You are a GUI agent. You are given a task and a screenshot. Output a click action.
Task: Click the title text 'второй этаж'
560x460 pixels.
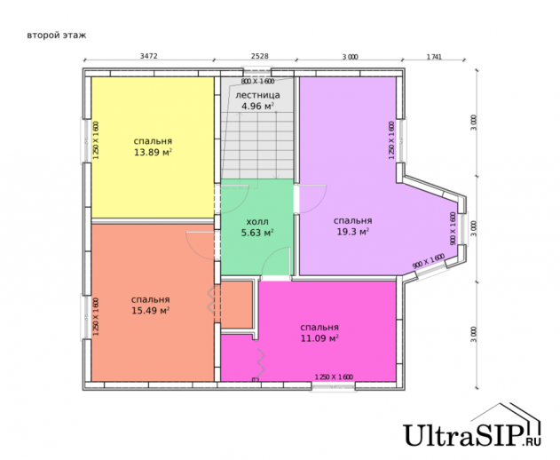tap(57, 36)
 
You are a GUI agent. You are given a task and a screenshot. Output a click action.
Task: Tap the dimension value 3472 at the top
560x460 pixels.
tap(148, 56)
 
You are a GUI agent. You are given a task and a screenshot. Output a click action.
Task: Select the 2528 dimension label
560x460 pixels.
tap(260, 56)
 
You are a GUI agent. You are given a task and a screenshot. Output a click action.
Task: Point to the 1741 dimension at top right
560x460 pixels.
tap(434, 57)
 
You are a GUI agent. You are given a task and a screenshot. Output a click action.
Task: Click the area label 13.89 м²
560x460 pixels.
tap(153, 153)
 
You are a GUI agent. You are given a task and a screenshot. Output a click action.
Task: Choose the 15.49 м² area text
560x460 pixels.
tap(150, 311)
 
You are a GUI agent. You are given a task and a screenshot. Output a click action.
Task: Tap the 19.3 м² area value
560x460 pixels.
tap(353, 232)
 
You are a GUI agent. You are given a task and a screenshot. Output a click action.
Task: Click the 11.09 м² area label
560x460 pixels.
tap(319, 338)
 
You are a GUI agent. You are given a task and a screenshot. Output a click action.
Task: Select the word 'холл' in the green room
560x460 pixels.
tap(257, 222)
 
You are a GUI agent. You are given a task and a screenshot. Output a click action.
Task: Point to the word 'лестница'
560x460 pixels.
tap(258, 95)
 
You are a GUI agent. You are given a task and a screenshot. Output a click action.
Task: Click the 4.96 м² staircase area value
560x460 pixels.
tap(258, 107)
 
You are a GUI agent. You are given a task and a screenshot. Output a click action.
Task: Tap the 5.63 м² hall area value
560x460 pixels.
tap(257, 233)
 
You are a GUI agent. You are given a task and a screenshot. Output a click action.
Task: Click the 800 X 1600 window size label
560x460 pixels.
tap(257, 81)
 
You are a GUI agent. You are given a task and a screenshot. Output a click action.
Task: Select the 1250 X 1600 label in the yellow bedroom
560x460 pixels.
tap(95, 140)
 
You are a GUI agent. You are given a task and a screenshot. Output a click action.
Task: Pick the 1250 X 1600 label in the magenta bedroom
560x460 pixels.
tap(334, 377)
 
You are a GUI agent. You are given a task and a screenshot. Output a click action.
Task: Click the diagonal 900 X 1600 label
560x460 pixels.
tap(429, 261)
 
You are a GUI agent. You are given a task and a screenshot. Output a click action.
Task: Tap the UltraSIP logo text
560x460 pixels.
tap(472, 435)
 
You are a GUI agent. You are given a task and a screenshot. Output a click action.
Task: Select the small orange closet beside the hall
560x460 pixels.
tap(237, 305)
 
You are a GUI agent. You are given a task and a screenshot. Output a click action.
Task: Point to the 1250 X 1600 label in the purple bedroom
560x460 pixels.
tap(391, 140)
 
